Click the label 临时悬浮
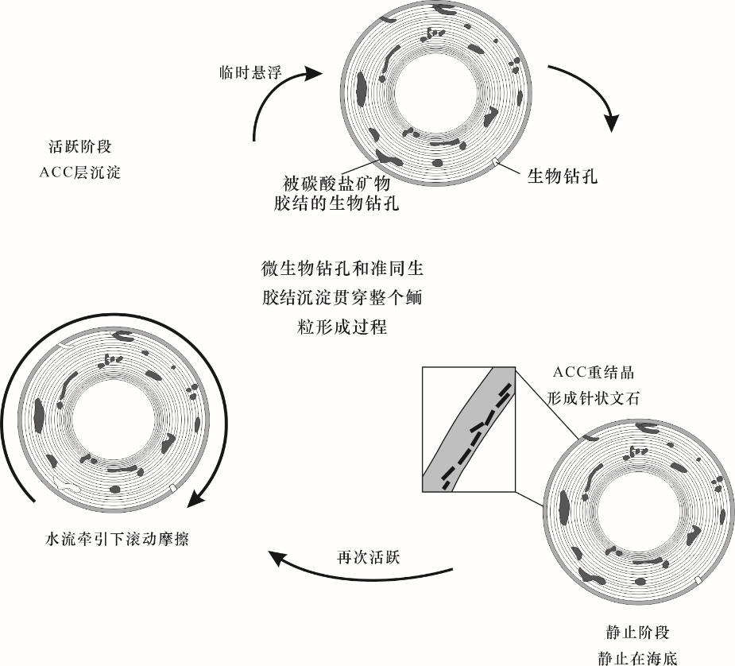click(x=250, y=72)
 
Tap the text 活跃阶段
click(x=80, y=147)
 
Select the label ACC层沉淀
click(x=79, y=172)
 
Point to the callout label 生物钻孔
click(x=563, y=176)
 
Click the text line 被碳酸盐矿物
click(x=337, y=184)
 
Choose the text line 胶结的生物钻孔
click(x=337, y=204)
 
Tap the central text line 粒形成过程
click(x=342, y=327)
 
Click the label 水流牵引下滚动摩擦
click(x=116, y=539)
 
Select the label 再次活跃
click(x=369, y=558)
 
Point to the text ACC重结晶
click(x=594, y=373)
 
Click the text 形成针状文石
click(x=594, y=398)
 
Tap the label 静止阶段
click(x=637, y=633)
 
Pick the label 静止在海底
click(x=637, y=659)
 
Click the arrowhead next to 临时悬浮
click(x=312, y=73)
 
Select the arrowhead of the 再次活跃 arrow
click(x=277, y=560)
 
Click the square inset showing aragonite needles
click(x=469, y=429)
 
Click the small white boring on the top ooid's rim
click(x=496, y=161)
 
